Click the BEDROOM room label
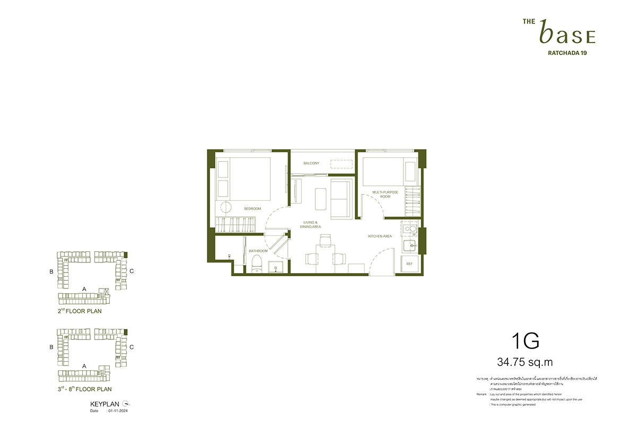253,209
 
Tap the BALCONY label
311,163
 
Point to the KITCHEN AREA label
380,236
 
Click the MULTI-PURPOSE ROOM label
381,194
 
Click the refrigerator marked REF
409,264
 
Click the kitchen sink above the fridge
409,246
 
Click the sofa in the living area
342,198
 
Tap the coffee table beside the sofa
321,199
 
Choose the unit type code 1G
526,341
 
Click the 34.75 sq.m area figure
525,363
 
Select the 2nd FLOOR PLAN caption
80,311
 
